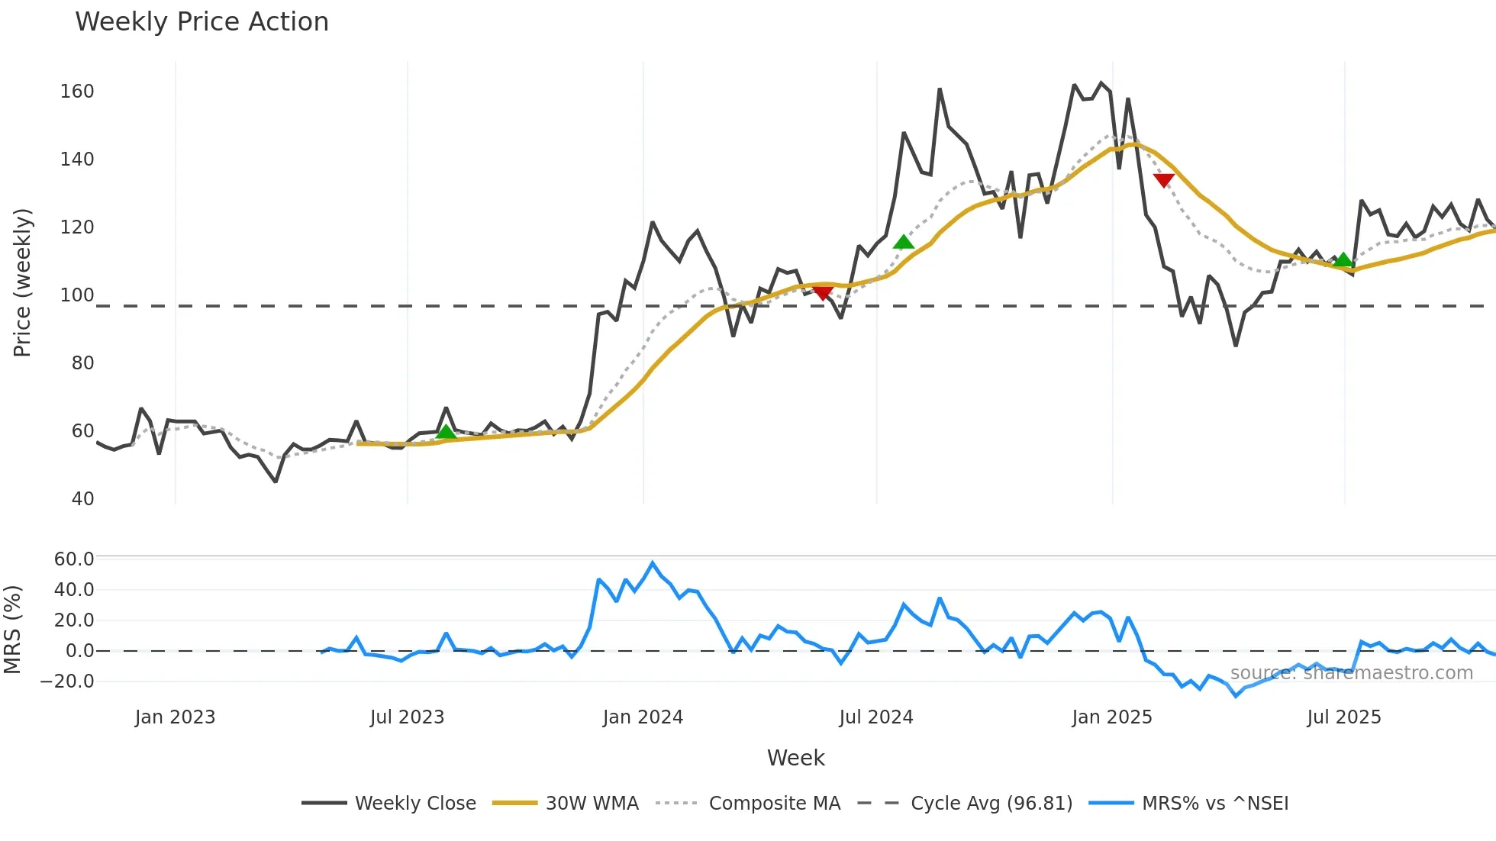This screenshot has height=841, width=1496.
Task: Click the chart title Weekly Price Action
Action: pyautogui.click(x=202, y=22)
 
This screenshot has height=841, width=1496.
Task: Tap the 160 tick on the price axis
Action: pyautogui.click(x=77, y=92)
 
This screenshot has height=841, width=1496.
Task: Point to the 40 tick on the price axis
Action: pyautogui.click(x=82, y=499)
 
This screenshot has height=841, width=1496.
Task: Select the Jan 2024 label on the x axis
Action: pyautogui.click(x=643, y=717)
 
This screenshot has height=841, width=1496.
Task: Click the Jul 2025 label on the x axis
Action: pyautogui.click(x=1344, y=717)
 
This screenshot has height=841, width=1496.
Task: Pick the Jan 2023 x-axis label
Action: pyautogui.click(x=175, y=717)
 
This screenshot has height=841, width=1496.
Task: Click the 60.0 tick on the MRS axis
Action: pyautogui.click(x=74, y=559)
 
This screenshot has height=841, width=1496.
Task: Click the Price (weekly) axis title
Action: pyautogui.click(x=23, y=282)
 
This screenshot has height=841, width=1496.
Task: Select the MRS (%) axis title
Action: pyautogui.click(x=12, y=630)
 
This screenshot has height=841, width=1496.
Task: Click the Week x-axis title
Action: pyautogui.click(x=795, y=758)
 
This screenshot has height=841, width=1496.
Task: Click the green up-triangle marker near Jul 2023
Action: pyautogui.click(x=447, y=432)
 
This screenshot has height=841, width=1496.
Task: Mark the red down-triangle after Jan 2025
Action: pyautogui.click(x=1163, y=180)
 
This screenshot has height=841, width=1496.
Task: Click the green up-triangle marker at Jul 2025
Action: pyautogui.click(x=1343, y=260)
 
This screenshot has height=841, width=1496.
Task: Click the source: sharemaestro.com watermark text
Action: pyautogui.click(x=1351, y=673)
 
